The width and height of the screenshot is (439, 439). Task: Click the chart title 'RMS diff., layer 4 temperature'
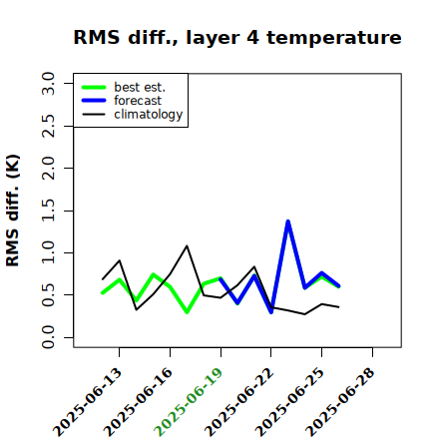click(237, 38)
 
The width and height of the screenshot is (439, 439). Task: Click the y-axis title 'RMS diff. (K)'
click(13, 211)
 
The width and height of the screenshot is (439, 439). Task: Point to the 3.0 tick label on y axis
click(48, 84)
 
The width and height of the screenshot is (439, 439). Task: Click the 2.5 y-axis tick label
click(48, 126)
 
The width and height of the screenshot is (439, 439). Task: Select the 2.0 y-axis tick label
click(48, 168)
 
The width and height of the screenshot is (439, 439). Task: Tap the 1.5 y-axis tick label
click(48, 211)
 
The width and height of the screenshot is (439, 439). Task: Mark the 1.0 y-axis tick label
click(48, 252)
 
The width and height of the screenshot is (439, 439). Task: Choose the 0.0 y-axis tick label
click(48, 337)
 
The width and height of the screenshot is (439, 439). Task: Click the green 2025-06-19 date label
click(190, 402)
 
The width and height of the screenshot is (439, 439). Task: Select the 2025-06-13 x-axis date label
click(88, 402)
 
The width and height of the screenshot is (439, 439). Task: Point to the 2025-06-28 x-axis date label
click(341, 402)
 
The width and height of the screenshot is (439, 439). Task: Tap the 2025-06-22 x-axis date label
click(239, 402)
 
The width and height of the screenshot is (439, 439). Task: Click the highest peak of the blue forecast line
click(288, 221)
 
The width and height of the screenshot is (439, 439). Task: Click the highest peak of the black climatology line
click(187, 246)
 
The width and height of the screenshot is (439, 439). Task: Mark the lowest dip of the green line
click(187, 312)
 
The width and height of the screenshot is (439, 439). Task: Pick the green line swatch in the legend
click(94, 87)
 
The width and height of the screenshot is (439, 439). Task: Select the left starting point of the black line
click(103, 278)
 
